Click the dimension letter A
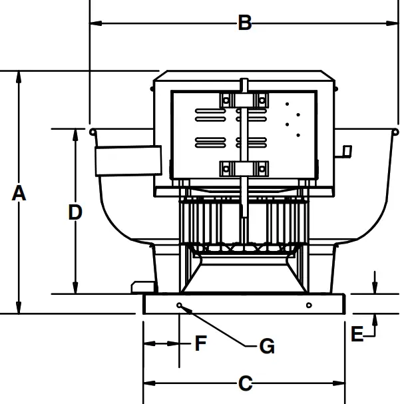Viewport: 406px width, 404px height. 19,194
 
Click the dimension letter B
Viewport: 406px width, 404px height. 245,23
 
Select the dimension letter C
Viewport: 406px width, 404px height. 245,383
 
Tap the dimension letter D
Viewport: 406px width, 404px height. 75,212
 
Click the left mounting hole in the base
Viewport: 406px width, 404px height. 180,305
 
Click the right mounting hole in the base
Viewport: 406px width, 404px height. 309,305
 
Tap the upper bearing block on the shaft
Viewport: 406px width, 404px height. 244,100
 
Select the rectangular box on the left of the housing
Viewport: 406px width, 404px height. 128,160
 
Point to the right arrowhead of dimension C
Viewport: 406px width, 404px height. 341,383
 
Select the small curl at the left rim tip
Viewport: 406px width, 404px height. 93,131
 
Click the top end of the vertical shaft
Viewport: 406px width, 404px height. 244,82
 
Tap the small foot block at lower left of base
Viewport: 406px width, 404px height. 142,286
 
